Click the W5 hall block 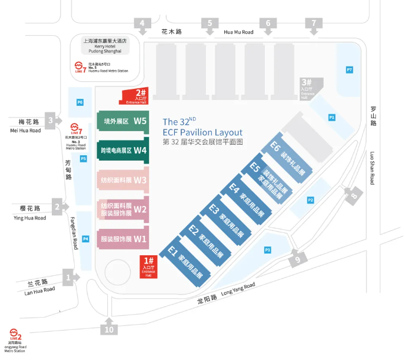pos(122,121)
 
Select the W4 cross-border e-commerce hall pos(122,150)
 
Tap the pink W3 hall pos(122,180)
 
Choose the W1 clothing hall pos(122,239)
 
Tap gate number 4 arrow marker pos(142,25)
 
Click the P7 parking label pos(350,71)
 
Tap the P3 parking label pos(267,251)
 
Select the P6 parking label pos(80,102)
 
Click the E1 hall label pos(173,253)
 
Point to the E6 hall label pos(275,145)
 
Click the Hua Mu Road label pos(238,32)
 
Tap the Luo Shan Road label pos(372,168)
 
